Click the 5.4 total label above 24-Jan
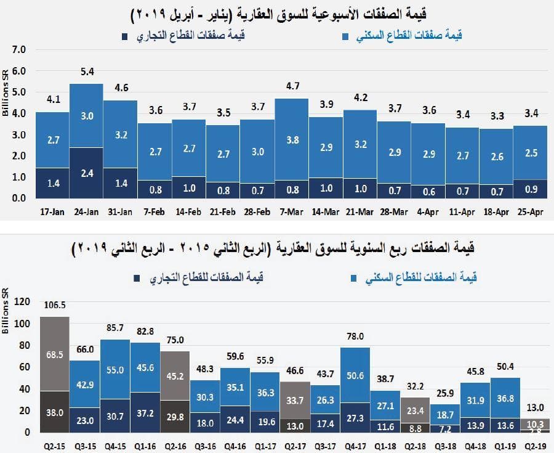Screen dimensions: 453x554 86,72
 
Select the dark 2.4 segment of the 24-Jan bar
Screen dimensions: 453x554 86,173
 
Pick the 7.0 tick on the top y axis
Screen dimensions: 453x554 20,49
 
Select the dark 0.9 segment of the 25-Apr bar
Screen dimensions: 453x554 530,189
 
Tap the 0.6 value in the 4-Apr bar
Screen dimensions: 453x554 428,191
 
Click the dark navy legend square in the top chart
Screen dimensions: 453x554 125,36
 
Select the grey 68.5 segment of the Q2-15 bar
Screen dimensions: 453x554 55,355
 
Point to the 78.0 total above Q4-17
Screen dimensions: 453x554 355,336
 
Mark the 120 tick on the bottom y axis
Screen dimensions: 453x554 22,302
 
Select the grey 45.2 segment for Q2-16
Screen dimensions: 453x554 175,375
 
